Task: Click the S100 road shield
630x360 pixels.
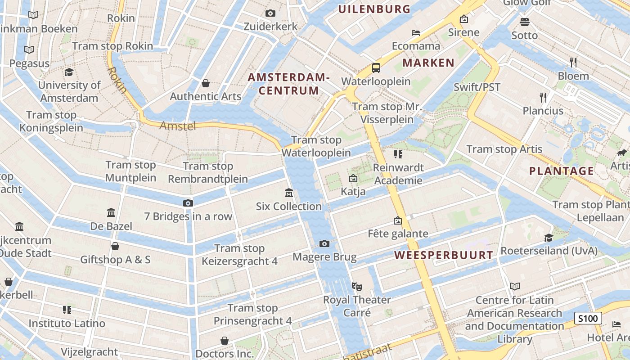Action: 588,319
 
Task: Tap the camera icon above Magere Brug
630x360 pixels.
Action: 324,244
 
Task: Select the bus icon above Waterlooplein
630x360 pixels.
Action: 376,68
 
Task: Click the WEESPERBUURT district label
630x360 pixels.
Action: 444,255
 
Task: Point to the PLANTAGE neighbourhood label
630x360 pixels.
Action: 561,171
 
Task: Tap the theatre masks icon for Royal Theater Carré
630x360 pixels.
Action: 357,286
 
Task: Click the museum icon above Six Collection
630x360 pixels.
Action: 289,193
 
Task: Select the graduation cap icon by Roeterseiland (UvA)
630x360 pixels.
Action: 549,238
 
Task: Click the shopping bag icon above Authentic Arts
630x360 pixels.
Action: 206,83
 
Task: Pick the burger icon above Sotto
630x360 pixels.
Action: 524,22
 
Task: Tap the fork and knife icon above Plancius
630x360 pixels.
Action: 543,97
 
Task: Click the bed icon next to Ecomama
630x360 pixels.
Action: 416,33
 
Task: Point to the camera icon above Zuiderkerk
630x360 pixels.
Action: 270,13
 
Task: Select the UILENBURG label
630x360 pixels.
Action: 374,9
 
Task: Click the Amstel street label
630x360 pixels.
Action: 178,126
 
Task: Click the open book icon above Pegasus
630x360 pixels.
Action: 29,50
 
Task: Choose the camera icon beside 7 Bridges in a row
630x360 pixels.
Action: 188,203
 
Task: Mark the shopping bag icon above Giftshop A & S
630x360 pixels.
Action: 115,246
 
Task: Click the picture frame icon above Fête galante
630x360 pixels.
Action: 397,220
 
